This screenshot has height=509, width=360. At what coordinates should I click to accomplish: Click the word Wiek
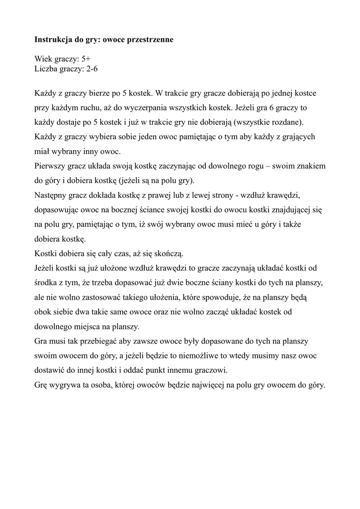(x=43, y=59)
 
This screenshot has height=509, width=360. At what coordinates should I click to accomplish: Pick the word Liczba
(x=46, y=69)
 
